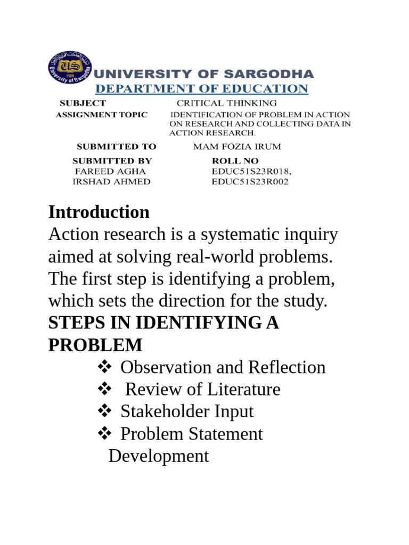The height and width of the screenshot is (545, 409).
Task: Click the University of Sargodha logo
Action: (x=69, y=68)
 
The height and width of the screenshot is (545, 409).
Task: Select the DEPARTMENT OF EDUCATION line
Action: (x=201, y=88)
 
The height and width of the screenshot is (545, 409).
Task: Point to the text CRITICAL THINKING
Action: (x=227, y=103)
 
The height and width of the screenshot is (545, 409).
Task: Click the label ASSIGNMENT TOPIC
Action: (x=102, y=115)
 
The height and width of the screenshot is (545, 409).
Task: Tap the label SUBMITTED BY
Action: (x=112, y=161)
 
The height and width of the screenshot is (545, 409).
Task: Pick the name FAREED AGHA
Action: (x=110, y=171)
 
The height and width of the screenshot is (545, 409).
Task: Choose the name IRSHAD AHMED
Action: (x=111, y=181)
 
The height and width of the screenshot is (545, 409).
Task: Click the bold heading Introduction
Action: (x=99, y=212)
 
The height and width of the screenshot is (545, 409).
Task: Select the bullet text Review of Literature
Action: (x=202, y=390)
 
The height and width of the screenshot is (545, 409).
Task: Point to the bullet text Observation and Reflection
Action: (x=223, y=367)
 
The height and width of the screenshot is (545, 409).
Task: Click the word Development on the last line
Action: (x=159, y=456)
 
